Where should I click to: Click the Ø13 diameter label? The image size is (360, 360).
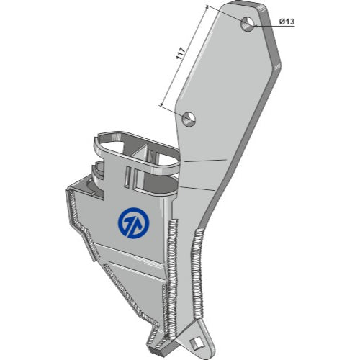pyautogui.click(x=287, y=22)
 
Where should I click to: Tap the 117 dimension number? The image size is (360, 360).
pyautogui.click(x=181, y=53)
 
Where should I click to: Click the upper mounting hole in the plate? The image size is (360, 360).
pyautogui.click(x=248, y=24)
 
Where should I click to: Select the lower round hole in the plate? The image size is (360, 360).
pyautogui.click(x=189, y=119)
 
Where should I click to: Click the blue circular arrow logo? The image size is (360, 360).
pyautogui.click(x=134, y=223)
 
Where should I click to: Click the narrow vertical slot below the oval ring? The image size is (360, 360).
pyautogui.click(x=128, y=176)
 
